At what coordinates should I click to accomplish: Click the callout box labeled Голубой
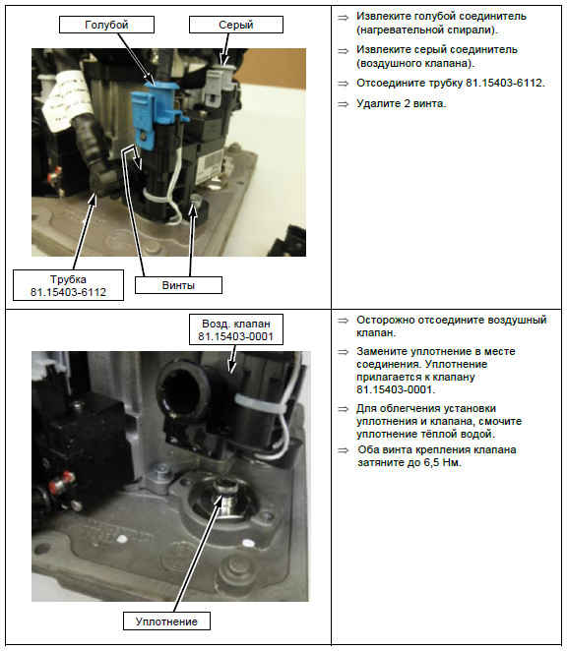[106, 25]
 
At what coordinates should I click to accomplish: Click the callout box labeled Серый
[236, 25]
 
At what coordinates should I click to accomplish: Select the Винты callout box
[178, 285]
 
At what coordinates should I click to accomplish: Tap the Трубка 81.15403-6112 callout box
[68, 285]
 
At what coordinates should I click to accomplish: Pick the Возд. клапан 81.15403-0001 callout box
[236, 329]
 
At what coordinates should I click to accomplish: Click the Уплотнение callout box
[166, 621]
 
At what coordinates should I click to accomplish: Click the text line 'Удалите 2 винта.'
[402, 103]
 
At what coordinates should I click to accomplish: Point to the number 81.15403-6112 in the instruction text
[504, 83]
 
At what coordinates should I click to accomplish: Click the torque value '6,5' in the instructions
[431, 462]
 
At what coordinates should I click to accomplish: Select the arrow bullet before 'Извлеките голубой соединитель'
[343, 18]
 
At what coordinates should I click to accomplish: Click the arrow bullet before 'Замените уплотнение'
[343, 352]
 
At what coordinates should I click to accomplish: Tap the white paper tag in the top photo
[67, 98]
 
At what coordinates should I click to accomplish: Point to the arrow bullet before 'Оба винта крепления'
[343, 450]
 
